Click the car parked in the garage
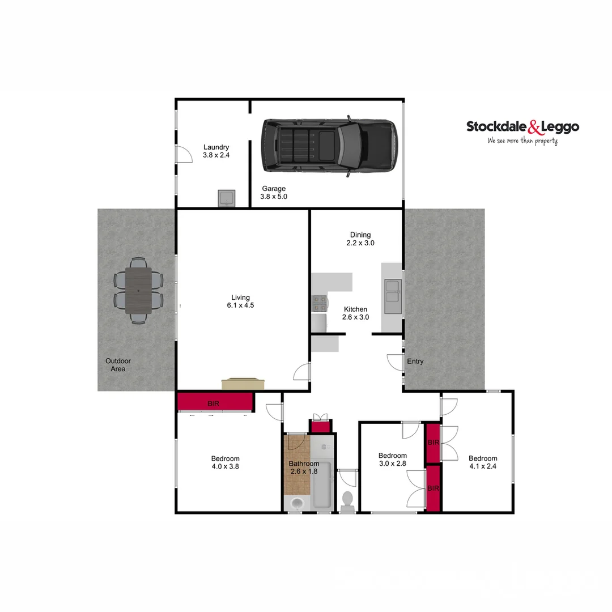click(329, 146)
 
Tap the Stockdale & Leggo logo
click(522, 127)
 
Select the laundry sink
click(227, 198)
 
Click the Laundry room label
click(216, 151)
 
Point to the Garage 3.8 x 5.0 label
click(274, 193)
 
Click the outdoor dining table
click(139, 290)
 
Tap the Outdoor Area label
click(118, 365)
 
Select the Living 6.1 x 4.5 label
click(240, 301)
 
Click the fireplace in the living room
click(243, 384)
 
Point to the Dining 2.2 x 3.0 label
click(360, 239)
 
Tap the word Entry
click(415, 362)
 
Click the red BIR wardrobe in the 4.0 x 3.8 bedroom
click(214, 403)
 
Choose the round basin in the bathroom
click(296, 503)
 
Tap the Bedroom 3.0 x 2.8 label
click(393, 460)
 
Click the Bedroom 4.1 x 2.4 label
click(483, 462)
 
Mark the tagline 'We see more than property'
click(522, 141)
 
